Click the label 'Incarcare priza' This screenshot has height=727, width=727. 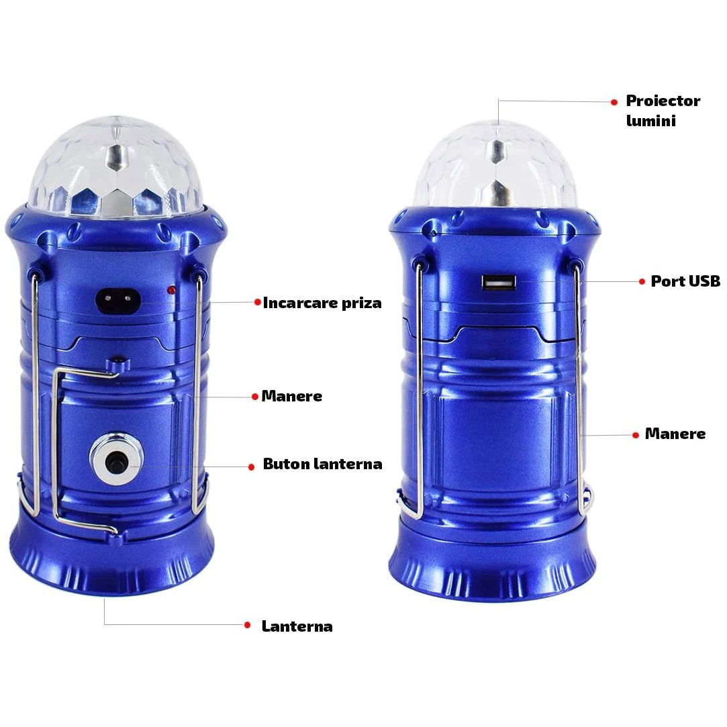322,303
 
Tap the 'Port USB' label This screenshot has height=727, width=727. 685,281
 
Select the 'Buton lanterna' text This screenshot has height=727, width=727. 322,464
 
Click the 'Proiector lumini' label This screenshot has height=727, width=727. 663,110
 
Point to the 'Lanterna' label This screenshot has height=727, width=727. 297,626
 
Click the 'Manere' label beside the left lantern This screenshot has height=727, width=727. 291,396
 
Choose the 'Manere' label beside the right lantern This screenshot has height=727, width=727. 675,434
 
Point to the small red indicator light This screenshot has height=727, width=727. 172,290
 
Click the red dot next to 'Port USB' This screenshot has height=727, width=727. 642,282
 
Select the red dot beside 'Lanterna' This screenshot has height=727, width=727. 248,625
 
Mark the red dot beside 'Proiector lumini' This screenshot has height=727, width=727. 614,102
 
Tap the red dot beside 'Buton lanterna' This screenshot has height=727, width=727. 250,466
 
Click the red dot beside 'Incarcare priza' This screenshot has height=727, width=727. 257,302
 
